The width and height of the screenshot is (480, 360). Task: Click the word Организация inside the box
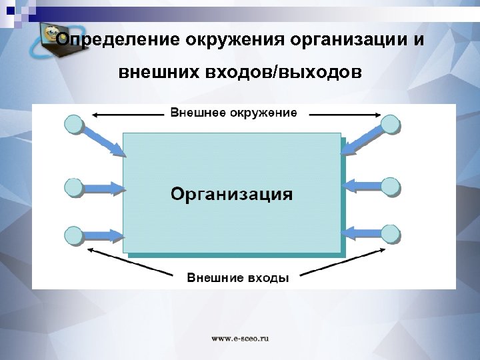(x=231, y=194)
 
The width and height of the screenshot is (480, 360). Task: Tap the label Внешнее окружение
(x=233, y=113)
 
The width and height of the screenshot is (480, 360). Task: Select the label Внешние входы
(x=237, y=277)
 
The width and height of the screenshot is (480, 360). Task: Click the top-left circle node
(x=73, y=124)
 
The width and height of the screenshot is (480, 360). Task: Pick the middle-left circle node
(x=73, y=187)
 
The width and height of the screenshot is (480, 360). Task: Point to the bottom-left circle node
(x=73, y=235)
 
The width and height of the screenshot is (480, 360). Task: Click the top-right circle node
(x=391, y=124)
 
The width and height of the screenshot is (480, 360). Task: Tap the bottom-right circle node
(x=391, y=234)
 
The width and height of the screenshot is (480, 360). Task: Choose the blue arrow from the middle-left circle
(x=103, y=188)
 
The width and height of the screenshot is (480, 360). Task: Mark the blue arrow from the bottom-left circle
(x=103, y=234)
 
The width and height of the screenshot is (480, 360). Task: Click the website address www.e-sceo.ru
(x=240, y=338)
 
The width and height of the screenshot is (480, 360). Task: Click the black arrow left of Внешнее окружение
(x=127, y=115)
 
